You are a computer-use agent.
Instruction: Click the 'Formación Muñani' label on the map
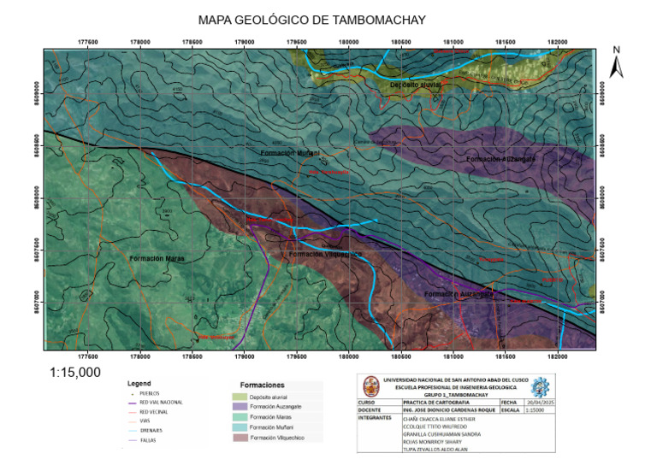coord(290,153)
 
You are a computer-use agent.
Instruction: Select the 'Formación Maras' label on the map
coord(157,257)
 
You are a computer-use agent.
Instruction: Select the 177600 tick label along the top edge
coord(87,39)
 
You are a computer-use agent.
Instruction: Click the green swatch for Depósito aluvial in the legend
coord(244,397)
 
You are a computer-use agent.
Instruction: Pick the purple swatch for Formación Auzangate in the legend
coord(244,407)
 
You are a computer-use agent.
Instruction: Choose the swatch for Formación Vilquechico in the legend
coord(244,438)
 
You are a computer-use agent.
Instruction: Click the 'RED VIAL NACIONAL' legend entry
coord(161,402)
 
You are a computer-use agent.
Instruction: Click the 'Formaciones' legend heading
coord(263,386)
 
